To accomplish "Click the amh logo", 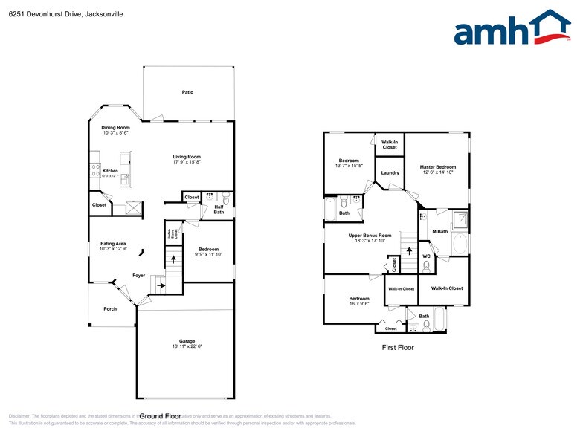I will click(512, 30).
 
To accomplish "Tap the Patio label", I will click(187, 92).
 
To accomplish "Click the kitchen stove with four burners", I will click(95, 170).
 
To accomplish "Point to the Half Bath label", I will click(219, 210).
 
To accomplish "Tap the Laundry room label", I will click(390, 173).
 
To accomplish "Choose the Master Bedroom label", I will click(437, 167).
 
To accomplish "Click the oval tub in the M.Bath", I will click(460, 245).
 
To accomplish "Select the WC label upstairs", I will click(426, 256).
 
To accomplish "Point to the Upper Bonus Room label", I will click(370, 236).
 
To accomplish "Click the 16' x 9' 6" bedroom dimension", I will click(359, 303).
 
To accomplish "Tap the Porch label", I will click(110, 308).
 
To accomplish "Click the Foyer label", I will click(138, 275).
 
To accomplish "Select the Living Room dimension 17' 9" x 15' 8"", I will click(187, 161).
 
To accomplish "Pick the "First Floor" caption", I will click(398, 347).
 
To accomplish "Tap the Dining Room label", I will click(115, 127).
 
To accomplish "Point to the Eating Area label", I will click(113, 243).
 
